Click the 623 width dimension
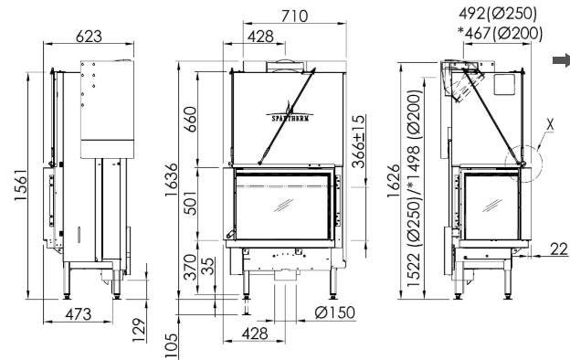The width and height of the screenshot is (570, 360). coord(89,37)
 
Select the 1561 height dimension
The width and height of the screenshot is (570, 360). coord(21,185)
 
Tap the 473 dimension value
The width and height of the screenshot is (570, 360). coord(79,314)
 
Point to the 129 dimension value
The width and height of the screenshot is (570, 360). coord(139,330)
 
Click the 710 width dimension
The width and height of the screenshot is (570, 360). coord(294,16)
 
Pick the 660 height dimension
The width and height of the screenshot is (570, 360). coord(190,120)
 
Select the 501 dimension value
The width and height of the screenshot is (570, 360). coord(190,203)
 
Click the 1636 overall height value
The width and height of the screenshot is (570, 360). coord(172,180)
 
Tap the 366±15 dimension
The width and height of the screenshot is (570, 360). coord(358,142)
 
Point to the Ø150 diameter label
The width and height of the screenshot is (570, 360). coord(335,312)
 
